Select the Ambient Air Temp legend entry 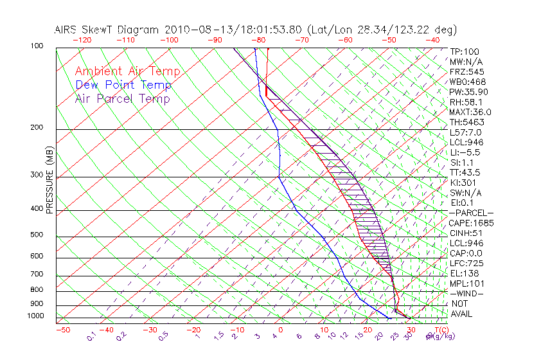pyautogui.click(x=127, y=71)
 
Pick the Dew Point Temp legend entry pyautogui.click(x=123, y=85)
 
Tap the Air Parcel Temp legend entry pyautogui.click(x=123, y=98)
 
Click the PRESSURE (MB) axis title pyautogui.click(x=49, y=180)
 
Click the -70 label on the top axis pyautogui.click(x=301, y=40)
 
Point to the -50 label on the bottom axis pyautogui.click(x=62, y=330)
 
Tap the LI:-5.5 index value pyautogui.click(x=465, y=152)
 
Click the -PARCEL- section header pyautogui.click(x=471, y=213)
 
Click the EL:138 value pyautogui.click(x=463, y=273)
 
